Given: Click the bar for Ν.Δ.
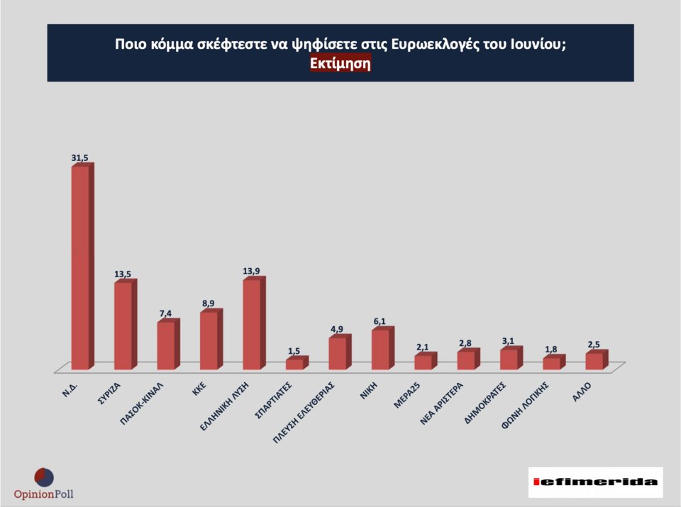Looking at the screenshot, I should coord(81,267).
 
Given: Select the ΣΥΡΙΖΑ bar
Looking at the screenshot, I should coord(123,325).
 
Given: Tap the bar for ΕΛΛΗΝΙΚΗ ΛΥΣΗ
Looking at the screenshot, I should coord(252,324).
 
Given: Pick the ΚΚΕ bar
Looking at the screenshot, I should coord(209,340).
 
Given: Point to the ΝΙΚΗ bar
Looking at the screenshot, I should coord(380,350).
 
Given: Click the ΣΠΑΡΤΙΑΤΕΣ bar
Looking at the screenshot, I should coord(294,363).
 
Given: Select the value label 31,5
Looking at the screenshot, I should coord(80,158).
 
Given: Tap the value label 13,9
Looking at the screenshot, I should coord(252,271).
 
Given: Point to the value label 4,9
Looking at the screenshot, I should coord(338,329).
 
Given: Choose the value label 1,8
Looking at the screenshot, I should coord(552,348).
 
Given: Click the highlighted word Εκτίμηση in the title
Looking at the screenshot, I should coord(340,63).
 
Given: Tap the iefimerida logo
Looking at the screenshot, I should coord(595,482).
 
